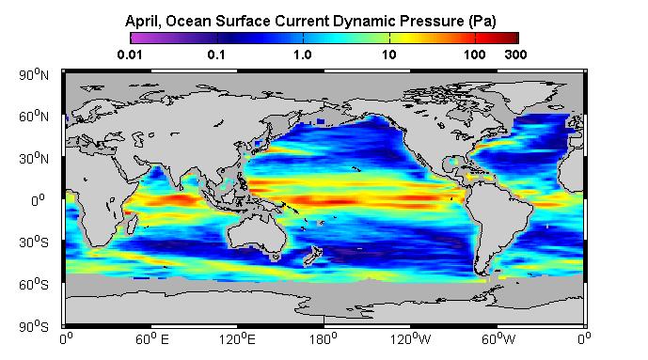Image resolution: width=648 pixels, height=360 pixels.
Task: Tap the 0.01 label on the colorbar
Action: [130, 55]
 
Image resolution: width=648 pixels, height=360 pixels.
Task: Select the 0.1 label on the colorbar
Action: [216, 55]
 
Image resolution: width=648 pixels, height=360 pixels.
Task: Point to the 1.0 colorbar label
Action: [303, 55]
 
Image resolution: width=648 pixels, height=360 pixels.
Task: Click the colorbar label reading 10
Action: [388, 55]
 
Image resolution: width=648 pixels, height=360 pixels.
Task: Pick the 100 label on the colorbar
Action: [474, 55]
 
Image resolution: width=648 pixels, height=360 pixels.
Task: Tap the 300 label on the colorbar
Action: [515, 55]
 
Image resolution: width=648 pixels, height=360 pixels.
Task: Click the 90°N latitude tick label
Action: [34, 74]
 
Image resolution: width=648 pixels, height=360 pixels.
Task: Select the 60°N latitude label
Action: [34, 117]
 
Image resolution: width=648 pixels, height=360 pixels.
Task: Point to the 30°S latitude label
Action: [34, 242]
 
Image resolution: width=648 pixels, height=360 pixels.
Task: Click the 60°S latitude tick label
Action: [34, 284]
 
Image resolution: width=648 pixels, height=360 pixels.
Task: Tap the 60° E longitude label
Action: [152, 339]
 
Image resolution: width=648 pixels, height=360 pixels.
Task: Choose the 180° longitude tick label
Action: [324, 339]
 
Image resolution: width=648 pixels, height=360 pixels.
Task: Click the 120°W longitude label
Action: [410, 339]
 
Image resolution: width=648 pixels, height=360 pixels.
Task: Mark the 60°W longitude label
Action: [498, 339]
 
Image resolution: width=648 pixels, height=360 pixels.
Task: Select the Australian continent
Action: [257, 234]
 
